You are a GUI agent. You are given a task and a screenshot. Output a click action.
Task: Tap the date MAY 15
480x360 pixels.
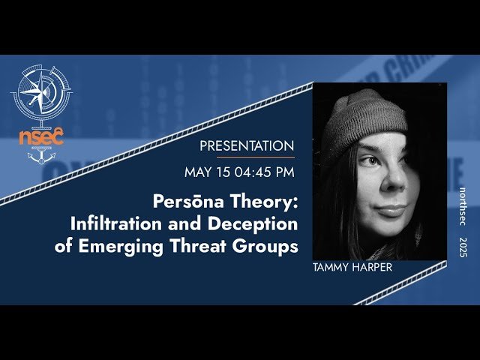205,172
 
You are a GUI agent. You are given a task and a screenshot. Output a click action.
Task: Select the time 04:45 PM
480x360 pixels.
262,172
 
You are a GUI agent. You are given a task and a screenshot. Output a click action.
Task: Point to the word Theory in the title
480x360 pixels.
262,202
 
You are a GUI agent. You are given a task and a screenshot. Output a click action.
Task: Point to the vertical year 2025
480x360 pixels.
463,247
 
